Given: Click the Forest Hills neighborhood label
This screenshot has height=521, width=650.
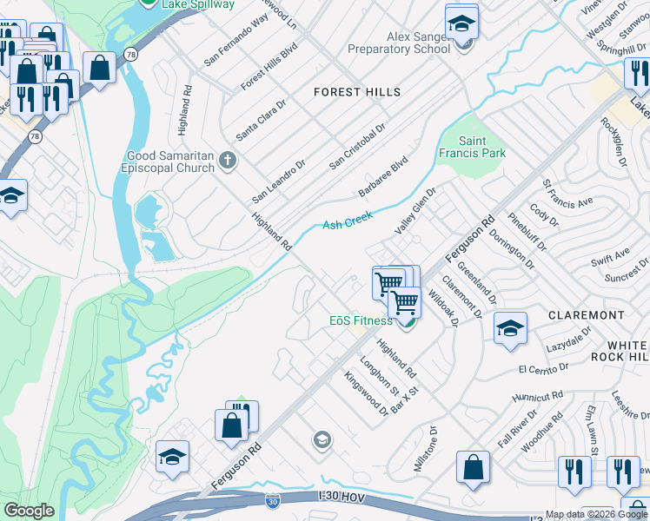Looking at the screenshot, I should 357,92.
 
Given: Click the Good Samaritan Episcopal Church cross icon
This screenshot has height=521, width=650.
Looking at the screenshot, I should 228,160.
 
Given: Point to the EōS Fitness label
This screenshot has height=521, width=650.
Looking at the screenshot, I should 361,320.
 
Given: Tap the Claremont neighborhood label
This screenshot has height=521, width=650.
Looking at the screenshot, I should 587,314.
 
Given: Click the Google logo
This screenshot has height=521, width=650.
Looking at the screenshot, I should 30,511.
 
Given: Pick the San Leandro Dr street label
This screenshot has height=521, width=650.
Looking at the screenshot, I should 279,181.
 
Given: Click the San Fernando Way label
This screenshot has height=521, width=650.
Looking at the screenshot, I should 236,41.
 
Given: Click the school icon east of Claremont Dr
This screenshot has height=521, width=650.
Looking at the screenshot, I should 510,327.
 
